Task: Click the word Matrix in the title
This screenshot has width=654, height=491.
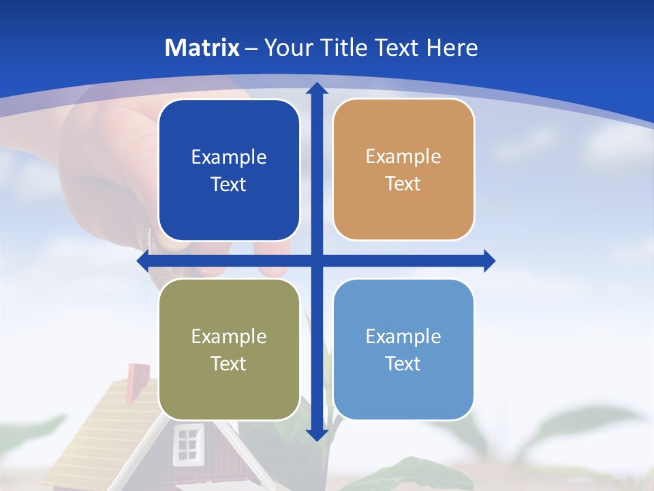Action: (202, 48)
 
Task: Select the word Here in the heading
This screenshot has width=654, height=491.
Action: (452, 48)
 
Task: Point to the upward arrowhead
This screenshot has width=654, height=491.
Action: (317, 87)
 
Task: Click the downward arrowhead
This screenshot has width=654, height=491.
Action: (317, 434)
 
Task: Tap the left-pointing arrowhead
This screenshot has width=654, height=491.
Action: (142, 261)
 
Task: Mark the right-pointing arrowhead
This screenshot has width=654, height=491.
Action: (490, 261)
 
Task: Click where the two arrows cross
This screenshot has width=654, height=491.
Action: (317, 261)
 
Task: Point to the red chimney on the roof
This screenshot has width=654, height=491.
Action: (138, 376)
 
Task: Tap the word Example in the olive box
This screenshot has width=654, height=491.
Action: (229, 336)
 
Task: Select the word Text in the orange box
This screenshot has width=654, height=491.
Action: (403, 183)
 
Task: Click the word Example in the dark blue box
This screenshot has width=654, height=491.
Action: (229, 157)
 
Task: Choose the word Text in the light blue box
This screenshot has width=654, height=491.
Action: (403, 363)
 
